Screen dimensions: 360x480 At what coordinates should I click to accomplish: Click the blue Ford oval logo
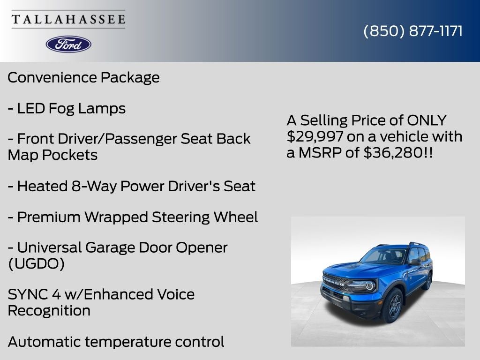68,44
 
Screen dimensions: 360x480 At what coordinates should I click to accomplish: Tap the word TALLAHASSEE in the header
68,19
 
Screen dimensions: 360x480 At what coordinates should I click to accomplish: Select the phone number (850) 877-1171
413,31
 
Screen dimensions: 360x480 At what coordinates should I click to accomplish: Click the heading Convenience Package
83,77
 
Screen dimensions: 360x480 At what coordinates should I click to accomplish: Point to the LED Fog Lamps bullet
67,109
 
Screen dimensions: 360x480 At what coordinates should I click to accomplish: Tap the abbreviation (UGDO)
36,264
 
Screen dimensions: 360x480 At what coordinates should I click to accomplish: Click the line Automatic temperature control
116,342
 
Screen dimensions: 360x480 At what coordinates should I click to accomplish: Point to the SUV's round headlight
370,285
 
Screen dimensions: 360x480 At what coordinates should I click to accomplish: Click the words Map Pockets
52,155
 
